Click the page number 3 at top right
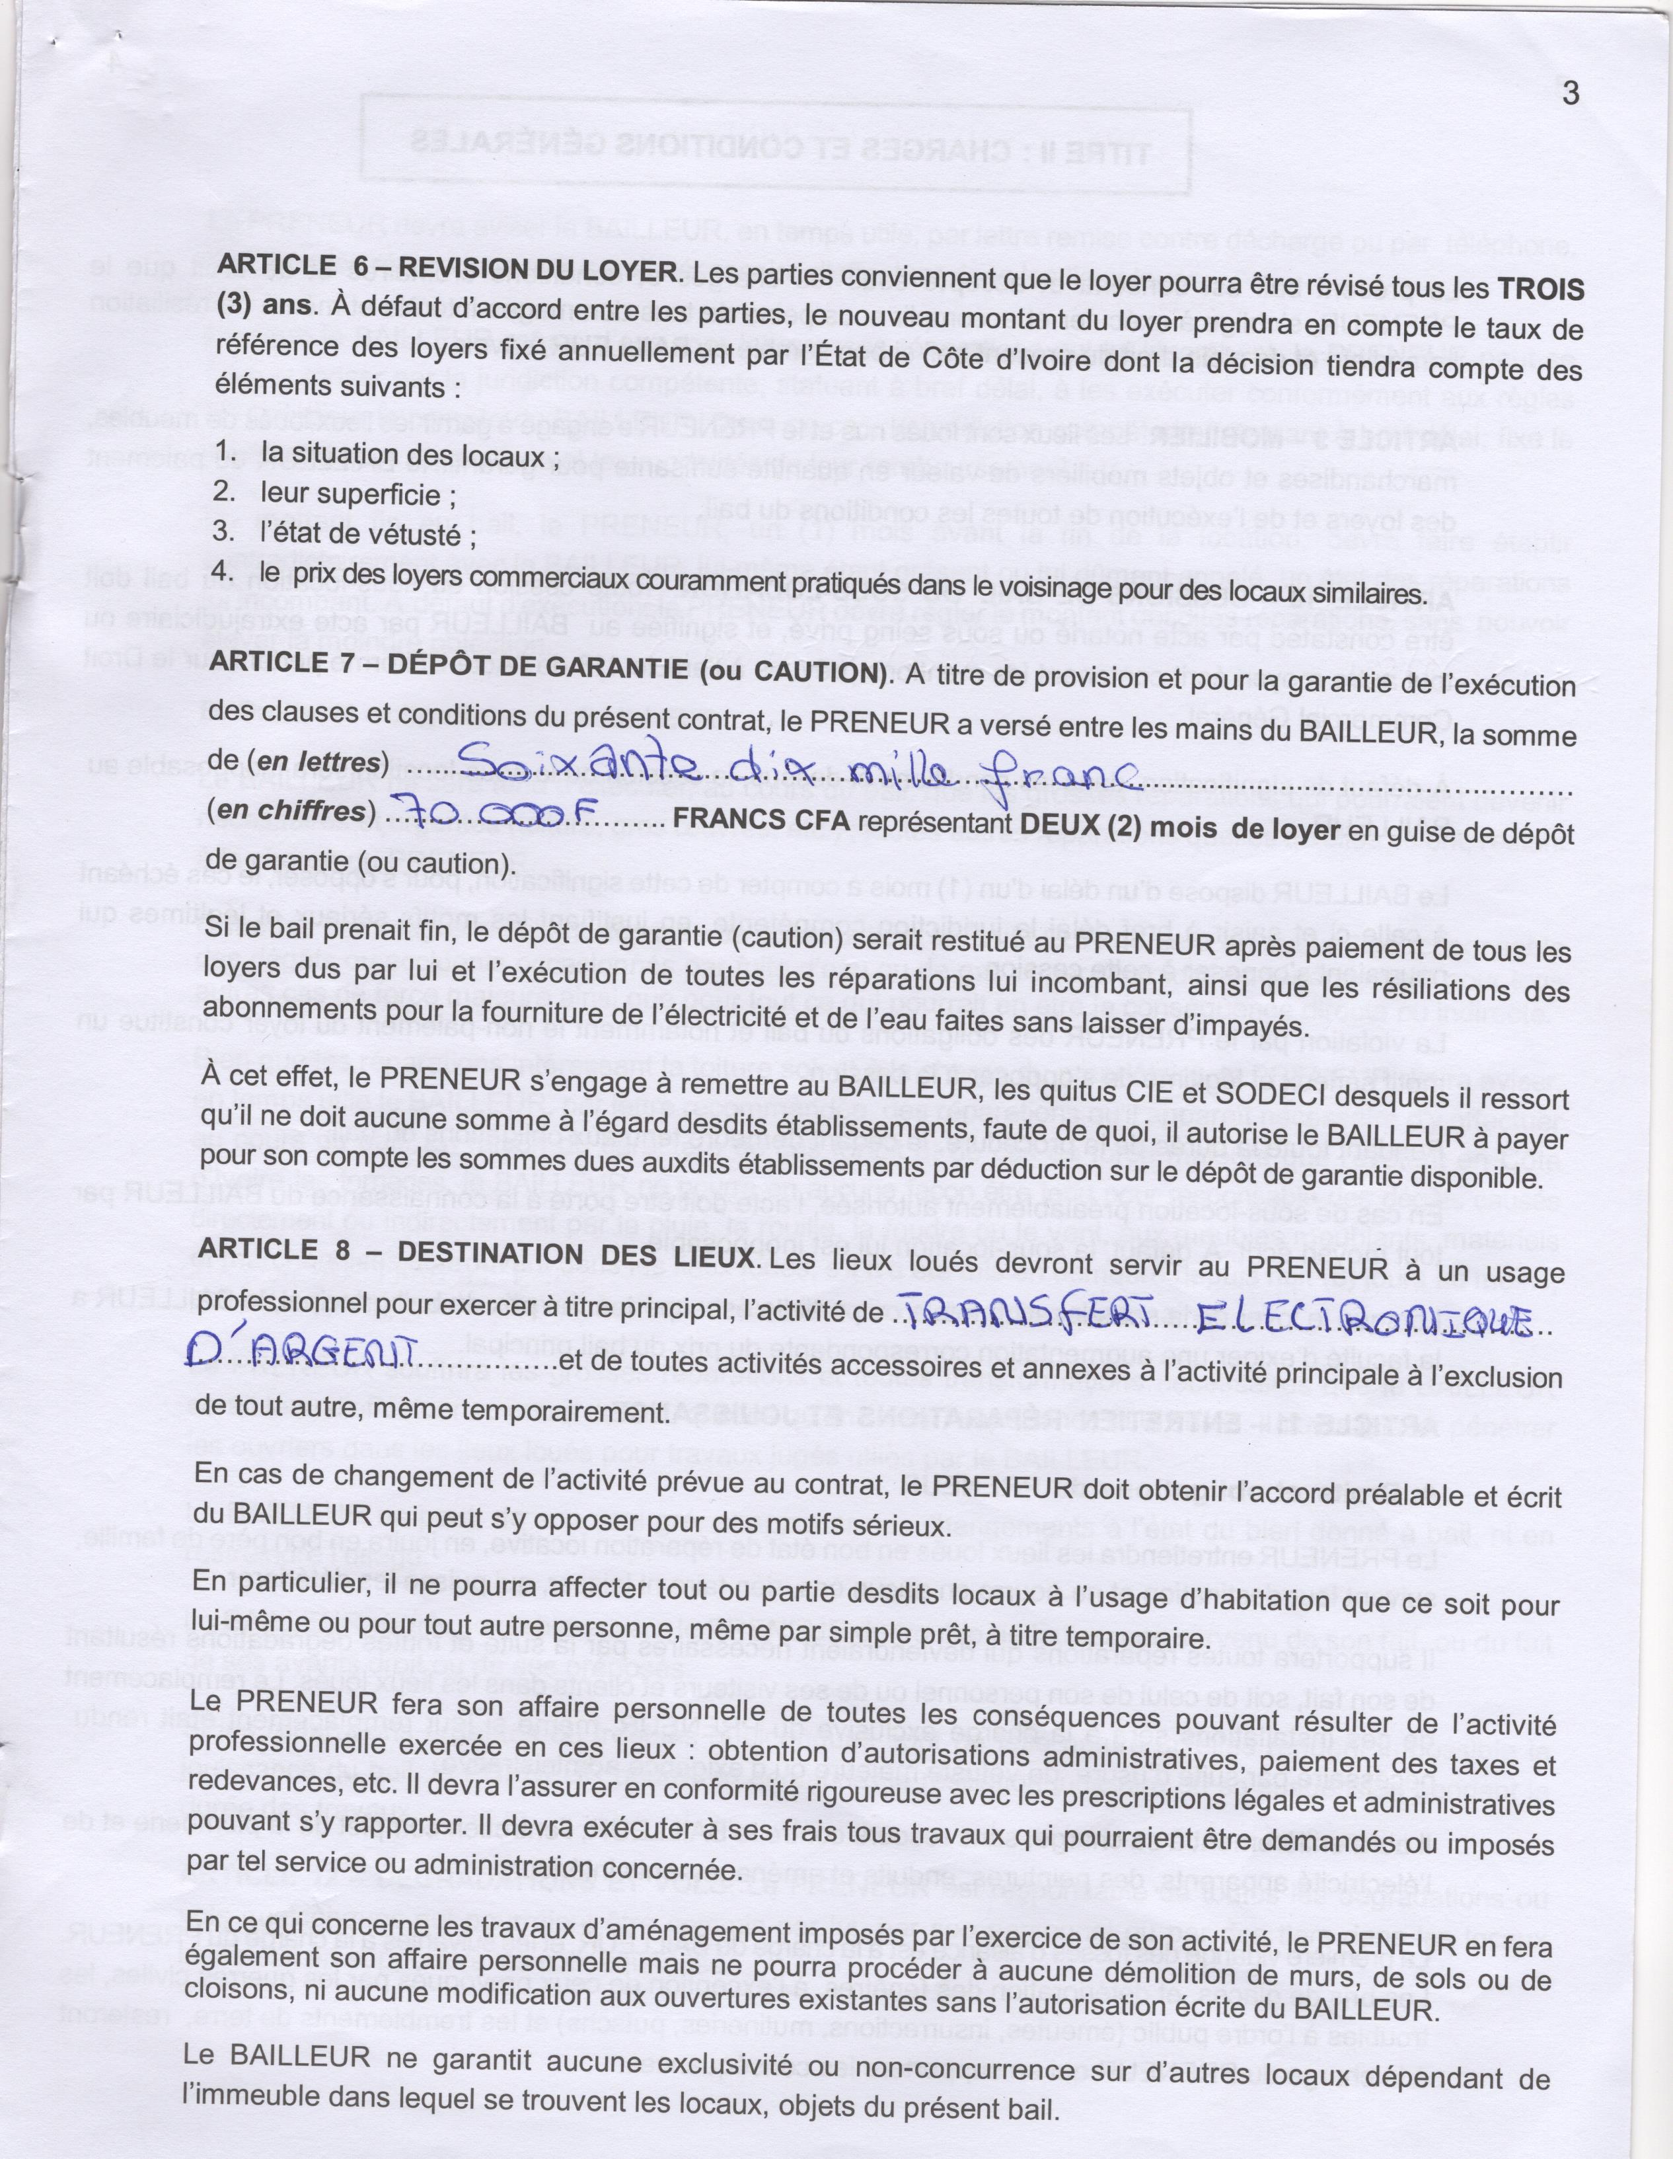coord(1570,95)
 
